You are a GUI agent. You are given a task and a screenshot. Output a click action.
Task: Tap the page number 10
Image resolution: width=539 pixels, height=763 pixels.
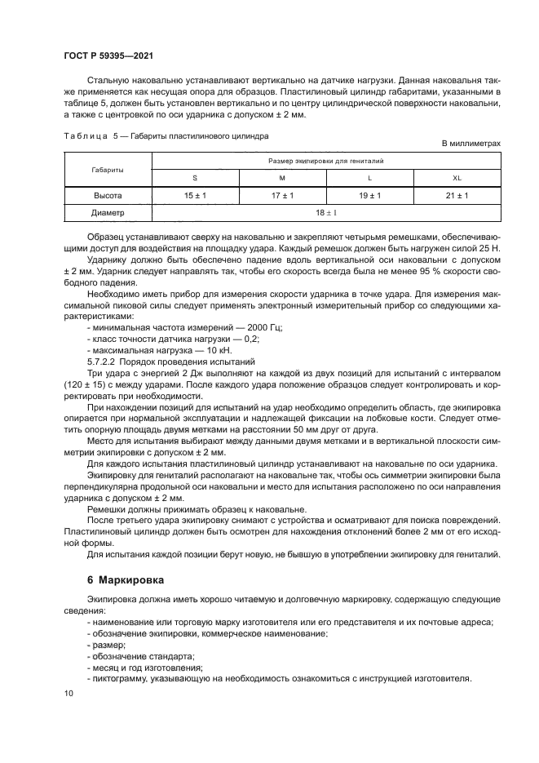(x=68, y=693)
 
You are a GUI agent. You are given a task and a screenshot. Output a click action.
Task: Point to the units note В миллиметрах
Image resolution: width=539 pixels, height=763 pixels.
(x=471, y=144)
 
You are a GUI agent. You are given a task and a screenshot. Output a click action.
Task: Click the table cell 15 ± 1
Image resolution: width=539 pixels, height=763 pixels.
(x=194, y=195)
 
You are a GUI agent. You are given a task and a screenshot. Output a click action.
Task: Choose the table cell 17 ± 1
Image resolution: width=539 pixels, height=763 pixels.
(x=281, y=195)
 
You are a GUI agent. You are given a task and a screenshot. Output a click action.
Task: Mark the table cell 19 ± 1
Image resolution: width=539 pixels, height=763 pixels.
(x=369, y=195)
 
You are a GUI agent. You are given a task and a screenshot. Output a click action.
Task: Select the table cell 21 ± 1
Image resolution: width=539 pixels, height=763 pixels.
(x=457, y=195)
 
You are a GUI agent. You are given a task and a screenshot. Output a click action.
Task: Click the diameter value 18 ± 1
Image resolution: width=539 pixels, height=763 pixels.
(x=325, y=213)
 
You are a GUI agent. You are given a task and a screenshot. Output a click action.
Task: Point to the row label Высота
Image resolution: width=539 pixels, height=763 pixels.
(x=108, y=195)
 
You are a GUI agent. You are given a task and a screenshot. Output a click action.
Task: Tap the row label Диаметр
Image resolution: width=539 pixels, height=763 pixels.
(x=108, y=213)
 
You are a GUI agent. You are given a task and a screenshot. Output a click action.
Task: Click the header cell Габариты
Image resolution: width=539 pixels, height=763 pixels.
(x=108, y=169)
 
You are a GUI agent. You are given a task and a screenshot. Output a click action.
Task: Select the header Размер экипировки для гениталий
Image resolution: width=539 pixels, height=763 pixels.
(x=325, y=161)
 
